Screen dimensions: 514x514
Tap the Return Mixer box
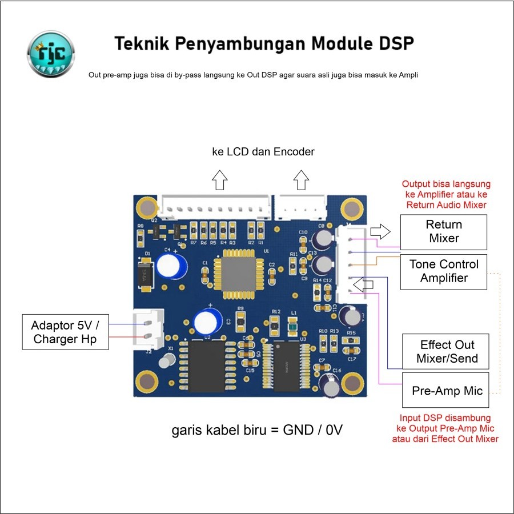444,231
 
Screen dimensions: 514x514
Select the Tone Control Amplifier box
444,271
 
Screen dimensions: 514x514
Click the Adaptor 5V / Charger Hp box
66,332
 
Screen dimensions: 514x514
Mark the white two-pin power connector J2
149,330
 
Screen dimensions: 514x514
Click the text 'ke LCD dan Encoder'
263,152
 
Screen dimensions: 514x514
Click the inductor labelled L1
293,326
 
